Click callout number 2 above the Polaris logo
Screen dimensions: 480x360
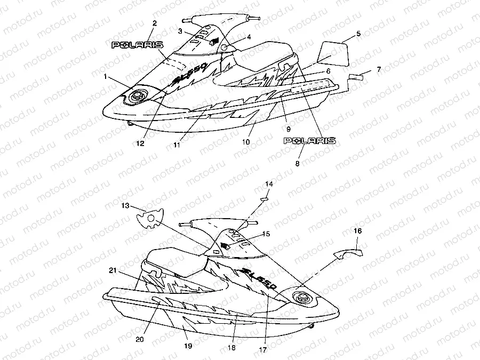[x=155, y=23]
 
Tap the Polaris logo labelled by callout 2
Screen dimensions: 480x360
[x=137, y=45]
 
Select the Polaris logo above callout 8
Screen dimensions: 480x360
[x=309, y=141]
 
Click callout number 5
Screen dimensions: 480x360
[x=358, y=34]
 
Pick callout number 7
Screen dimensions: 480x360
[x=379, y=69]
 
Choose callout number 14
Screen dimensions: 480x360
[x=269, y=184]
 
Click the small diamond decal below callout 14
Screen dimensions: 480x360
[x=263, y=198]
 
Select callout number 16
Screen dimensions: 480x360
[x=357, y=231]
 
